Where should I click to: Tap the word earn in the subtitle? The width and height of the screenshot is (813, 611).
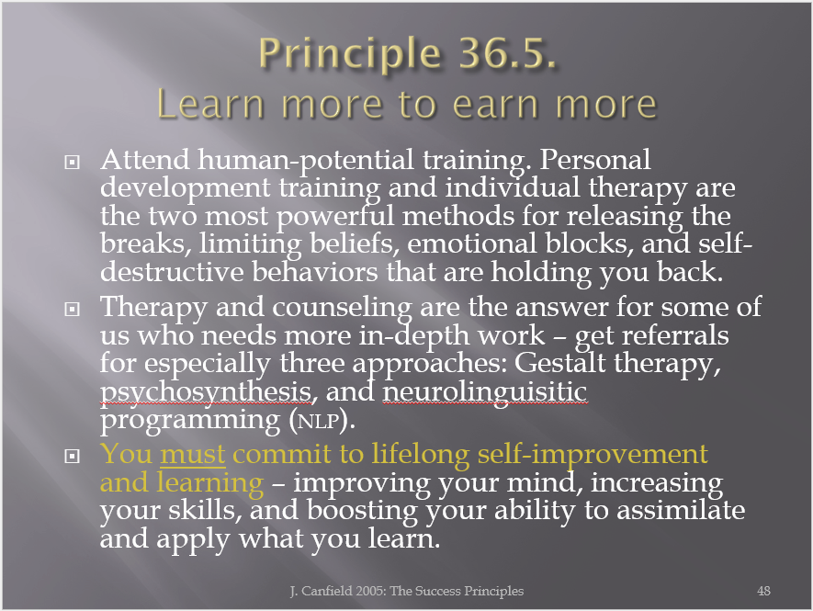click(x=495, y=104)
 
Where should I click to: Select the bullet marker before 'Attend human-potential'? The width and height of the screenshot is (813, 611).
click(x=72, y=163)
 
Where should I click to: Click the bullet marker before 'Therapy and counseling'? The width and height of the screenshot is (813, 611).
click(x=72, y=310)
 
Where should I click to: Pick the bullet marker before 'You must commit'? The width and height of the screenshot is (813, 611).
click(x=72, y=457)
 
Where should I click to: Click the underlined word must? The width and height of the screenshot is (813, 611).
click(x=193, y=455)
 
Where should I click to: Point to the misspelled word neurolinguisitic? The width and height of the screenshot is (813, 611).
click(x=485, y=392)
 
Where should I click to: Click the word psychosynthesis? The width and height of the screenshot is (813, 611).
click(x=207, y=392)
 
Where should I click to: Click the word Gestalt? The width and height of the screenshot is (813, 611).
click(x=560, y=363)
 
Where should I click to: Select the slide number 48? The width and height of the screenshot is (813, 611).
click(x=763, y=591)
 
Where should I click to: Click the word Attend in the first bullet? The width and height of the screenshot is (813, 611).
click(x=145, y=159)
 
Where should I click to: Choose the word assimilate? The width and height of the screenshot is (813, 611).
click(x=681, y=510)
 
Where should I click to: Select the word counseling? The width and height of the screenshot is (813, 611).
click(x=342, y=309)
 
